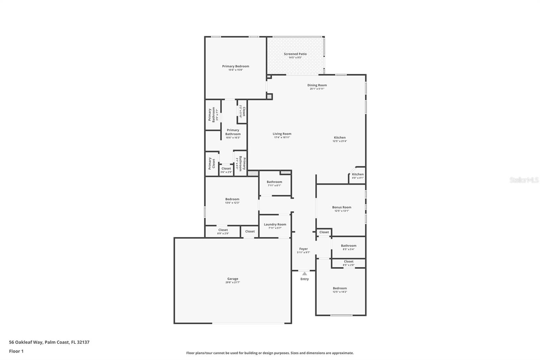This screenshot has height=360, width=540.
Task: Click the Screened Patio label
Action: [x=295, y=54]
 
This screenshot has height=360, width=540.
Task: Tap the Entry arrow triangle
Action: [x=304, y=274]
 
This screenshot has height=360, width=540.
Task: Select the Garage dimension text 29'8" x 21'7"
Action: [x=233, y=282]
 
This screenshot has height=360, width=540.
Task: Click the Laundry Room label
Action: [x=275, y=225]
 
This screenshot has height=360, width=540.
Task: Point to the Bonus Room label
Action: [x=342, y=207]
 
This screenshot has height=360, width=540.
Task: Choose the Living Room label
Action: [x=282, y=134]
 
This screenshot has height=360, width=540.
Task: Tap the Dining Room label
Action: [x=317, y=85]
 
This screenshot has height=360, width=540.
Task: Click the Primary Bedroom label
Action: [x=236, y=67]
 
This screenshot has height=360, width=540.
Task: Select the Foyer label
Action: [x=303, y=249]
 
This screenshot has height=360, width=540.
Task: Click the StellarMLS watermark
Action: [x=524, y=180]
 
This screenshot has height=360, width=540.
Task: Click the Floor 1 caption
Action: [x=16, y=351]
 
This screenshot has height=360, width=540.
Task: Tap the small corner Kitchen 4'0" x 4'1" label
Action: [x=358, y=175]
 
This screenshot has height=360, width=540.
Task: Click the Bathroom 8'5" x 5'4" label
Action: [x=348, y=246]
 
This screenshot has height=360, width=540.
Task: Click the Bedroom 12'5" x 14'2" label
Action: [x=340, y=288]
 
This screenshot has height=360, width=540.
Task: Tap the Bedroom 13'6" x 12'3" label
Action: [x=232, y=199]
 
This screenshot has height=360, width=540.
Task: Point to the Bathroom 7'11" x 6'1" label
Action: [x=274, y=182]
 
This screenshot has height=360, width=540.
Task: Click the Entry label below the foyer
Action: [x=304, y=279]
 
